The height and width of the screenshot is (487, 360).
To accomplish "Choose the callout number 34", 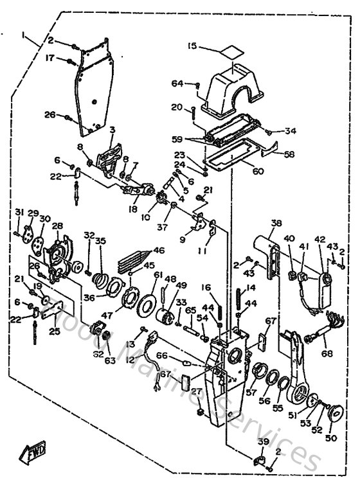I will [291, 131].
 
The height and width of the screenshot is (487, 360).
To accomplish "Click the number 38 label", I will [276, 224].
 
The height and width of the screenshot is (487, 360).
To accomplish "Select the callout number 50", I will [331, 438].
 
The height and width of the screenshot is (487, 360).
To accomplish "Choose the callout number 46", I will [158, 251].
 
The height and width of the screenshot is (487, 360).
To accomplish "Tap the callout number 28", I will [57, 226].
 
